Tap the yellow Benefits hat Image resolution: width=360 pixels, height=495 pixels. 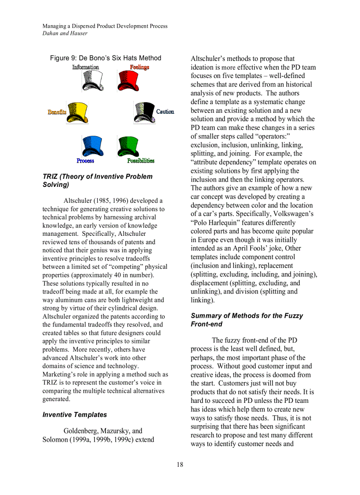[78, 112]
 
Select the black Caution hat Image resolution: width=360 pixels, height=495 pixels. [144, 112]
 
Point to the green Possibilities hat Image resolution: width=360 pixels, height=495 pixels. [128, 146]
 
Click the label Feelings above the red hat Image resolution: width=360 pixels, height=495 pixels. [139, 67]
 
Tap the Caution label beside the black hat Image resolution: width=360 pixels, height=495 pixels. [165, 112]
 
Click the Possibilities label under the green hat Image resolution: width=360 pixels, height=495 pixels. [141, 161]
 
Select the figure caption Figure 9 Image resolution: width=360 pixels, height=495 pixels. [105, 58]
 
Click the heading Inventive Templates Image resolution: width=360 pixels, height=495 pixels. [75, 415]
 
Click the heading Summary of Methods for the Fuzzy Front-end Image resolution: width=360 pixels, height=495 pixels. [247, 320]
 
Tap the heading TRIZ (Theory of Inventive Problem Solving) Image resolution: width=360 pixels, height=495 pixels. [97, 181]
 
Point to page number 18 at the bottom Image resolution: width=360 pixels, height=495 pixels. [180, 465]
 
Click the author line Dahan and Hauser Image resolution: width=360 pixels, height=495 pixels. [65, 33]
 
